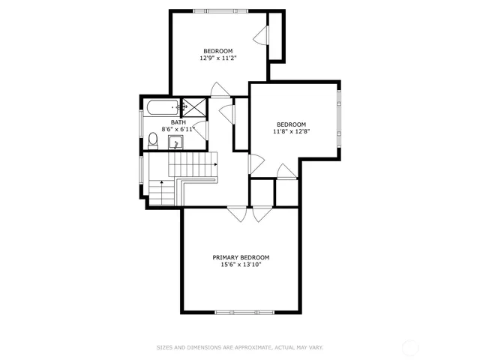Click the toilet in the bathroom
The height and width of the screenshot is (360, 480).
(x=153, y=140)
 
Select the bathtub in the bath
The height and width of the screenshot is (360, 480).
(x=162, y=107)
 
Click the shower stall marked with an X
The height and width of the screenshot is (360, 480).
(x=195, y=107)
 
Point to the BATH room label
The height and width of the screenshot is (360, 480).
(x=178, y=122)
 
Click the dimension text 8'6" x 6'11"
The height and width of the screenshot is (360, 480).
(x=178, y=130)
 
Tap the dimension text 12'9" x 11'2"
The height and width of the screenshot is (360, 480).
(x=218, y=58)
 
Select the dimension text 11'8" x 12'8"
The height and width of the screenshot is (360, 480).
(x=291, y=131)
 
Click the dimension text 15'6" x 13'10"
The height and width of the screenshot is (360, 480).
(x=241, y=264)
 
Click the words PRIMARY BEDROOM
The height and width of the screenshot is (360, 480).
(x=241, y=257)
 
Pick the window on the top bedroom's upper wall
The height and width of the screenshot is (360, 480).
(x=220, y=11)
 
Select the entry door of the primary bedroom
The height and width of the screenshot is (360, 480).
(x=238, y=214)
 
